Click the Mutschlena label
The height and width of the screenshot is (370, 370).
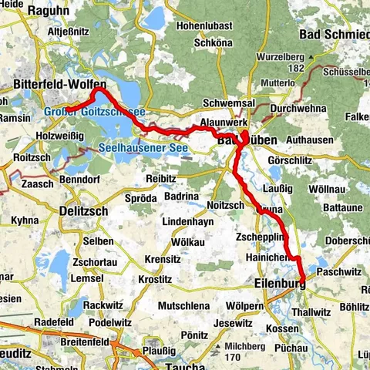[183, 306]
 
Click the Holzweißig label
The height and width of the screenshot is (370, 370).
[58, 134]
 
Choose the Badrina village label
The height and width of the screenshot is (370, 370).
[182, 197]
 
